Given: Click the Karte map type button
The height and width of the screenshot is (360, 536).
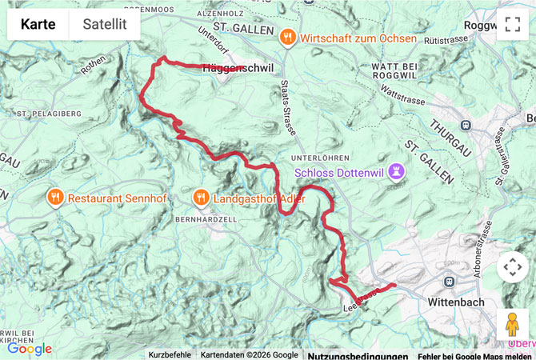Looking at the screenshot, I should pyautogui.click(x=38, y=24).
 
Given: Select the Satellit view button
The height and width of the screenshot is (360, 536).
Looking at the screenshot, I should pyautogui.click(x=105, y=24).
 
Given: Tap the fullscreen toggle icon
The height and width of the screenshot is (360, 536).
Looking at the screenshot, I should pyautogui.click(x=512, y=24).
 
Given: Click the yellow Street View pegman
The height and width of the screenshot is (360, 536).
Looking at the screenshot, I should pyautogui.click(x=512, y=325).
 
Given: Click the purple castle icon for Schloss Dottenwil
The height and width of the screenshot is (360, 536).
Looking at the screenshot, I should pyautogui.click(x=395, y=172).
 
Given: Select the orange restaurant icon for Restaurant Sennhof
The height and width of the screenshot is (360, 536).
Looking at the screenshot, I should pyautogui.click(x=55, y=198).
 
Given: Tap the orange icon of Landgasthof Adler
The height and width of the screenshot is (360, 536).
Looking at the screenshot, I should pyautogui.click(x=201, y=198).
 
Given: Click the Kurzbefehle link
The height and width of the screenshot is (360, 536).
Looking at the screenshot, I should pyautogui.click(x=170, y=355).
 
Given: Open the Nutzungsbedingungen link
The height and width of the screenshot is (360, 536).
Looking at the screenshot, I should pyautogui.click(x=358, y=355).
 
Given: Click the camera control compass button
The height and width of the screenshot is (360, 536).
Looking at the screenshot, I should pyautogui.click(x=512, y=266).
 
